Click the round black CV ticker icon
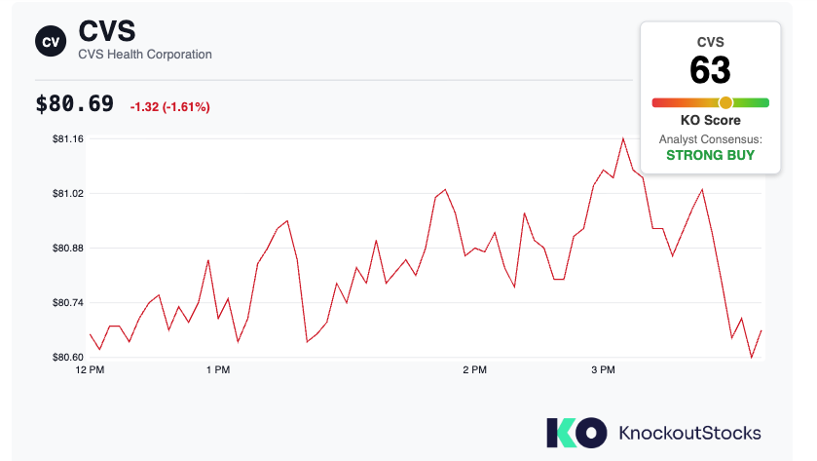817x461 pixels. (x=51, y=41)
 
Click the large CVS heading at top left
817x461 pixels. (x=107, y=31)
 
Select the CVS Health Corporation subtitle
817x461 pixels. (x=145, y=55)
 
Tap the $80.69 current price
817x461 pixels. (x=75, y=103)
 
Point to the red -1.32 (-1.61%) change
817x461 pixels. (x=169, y=107)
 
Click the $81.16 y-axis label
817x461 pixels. (x=68, y=138)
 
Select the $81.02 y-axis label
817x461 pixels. (x=68, y=194)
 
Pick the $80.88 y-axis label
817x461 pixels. (x=68, y=249)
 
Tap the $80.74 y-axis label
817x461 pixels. (x=68, y=302)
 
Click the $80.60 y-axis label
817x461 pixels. (x=68, y=358)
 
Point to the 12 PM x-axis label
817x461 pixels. (x=90, y=369)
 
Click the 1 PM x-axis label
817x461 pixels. (x=218, y=369)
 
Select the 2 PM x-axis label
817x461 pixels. (x=474, y=369)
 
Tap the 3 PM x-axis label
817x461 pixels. (x=603, y=369)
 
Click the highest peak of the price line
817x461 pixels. (x=622, y=138)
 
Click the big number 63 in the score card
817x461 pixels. (x=710, y=70)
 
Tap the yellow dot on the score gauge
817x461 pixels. (x=725, y=102)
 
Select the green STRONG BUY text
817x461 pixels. (x=710, y=155)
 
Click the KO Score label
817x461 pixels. (x=710, y=120)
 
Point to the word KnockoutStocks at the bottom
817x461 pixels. (x=689, y=433)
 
